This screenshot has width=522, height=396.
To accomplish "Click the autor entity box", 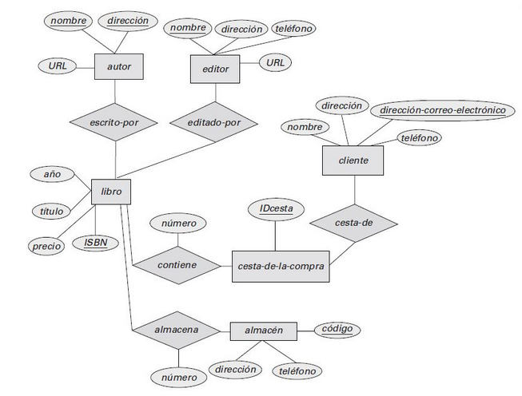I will coord(118,66).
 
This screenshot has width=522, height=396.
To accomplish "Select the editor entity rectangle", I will coord(215,69).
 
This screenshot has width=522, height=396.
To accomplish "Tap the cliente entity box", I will coord(353,160).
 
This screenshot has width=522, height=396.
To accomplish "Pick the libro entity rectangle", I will coord(106,192).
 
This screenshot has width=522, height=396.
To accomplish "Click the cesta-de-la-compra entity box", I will coord(281,266).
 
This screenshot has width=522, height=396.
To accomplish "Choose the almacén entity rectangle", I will coord(263,330).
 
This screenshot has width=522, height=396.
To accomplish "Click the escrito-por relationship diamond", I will coord(114,123).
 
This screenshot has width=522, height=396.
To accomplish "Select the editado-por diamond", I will coord(214,123).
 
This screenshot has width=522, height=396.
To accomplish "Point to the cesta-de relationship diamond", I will coord(353,223).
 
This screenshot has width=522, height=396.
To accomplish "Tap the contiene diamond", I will coord(177,264).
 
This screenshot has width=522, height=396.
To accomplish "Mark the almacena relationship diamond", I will coord(177,329).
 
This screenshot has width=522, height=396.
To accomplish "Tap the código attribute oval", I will coord(338,329).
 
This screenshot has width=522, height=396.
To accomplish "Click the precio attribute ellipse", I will coord(46,247).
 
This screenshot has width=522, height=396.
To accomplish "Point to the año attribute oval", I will coord(52,173).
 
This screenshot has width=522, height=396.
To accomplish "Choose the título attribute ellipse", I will coord(51,212).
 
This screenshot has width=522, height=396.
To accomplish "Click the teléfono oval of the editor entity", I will coord(293,29).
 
